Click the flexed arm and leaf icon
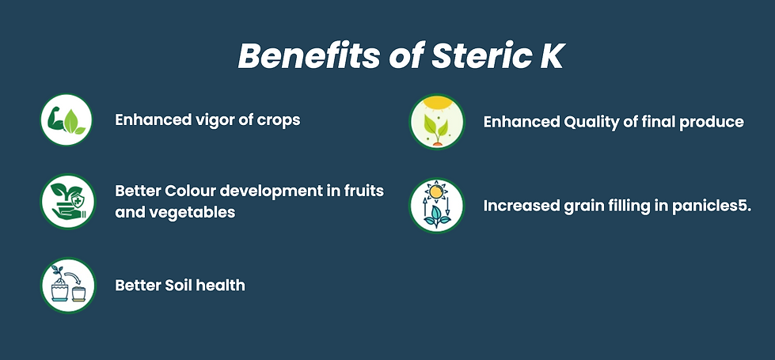(66, 120)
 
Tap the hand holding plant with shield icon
(68, 202)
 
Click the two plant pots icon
(68, 286)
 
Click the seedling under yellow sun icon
(437, 122)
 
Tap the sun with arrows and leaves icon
(437, 206)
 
